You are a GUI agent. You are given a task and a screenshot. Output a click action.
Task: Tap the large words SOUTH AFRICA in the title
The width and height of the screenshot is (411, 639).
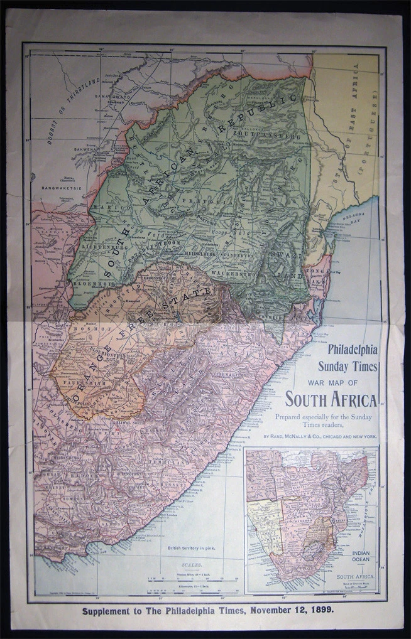(x=331, y=399)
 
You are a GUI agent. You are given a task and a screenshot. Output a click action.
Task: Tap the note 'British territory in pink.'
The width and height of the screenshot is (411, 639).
(x=192, y=548)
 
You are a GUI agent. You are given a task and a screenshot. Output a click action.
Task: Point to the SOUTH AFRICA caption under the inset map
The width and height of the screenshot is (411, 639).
(x=356, y=576)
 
